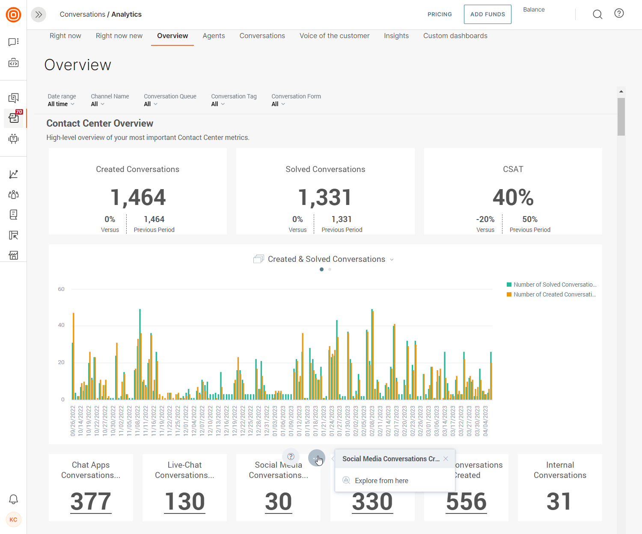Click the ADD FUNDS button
click(x=487, y=15)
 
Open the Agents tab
click(x=214, y=36)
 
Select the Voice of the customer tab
click(x=334, y=36)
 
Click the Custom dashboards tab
click(x=455, y=36)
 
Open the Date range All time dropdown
click(x=61, y=104)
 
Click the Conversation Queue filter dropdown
click(x=151, y=104)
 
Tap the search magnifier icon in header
click(x=597, y=15)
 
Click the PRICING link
click(x=440, y=15)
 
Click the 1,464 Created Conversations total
click(x=138, y=197)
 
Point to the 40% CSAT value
click(x=513, y=197)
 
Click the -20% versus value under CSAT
click(x=485, y=220)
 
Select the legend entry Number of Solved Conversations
click(x=552, y=285)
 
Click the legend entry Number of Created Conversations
click(x=552, y=294)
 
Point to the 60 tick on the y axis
click(x=61, y=289)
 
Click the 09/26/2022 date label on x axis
click(x=73, y=421)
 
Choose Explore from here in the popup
click(x=381, y=481)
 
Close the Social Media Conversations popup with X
click(x=446, y=459)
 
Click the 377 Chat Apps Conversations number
click(x=91, y=501)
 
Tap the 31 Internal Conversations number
click(x=559, y=501)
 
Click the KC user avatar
click(x=13, y=519)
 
